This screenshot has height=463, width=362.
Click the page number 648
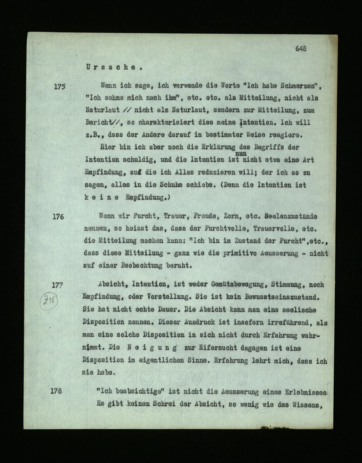(x=301, y=48)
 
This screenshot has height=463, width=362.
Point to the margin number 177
(x=57, y=285)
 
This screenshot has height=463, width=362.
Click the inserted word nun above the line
(x=241, y=153)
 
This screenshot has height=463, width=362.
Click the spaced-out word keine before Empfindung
(x=102, y=198)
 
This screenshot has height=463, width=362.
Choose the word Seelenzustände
(x=290, y=217)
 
